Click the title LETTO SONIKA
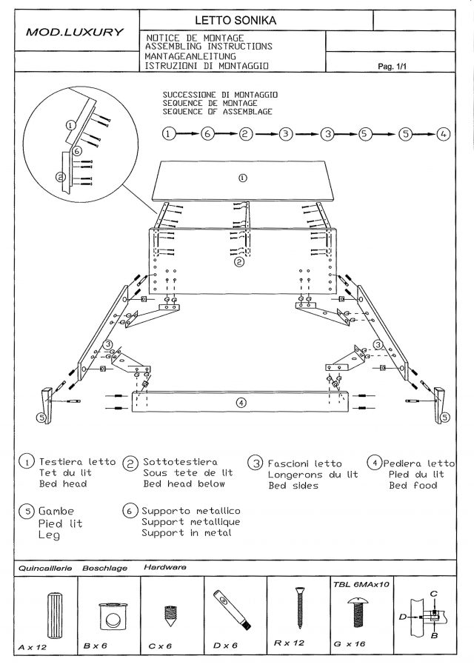pos(236,21)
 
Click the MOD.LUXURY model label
pos(76,33)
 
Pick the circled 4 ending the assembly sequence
pos(442,134)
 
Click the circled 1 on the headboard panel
pos(242,177)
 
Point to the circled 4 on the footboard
pos(240,402)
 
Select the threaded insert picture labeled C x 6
pos(168,615)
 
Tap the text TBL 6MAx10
pos(362,584)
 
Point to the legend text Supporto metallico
pos(190,511)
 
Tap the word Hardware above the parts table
pos(165,567)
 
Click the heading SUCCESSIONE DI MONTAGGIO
pos(220,96)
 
